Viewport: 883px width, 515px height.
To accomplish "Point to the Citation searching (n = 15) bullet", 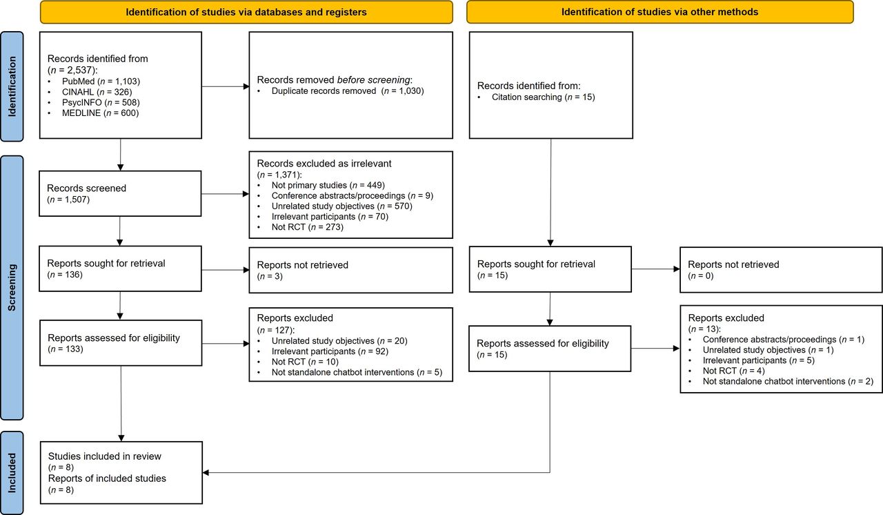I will coord(542,97).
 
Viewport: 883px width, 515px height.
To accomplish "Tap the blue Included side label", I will coord(12,472).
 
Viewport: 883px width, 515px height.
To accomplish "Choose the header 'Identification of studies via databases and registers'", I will coord(246,12).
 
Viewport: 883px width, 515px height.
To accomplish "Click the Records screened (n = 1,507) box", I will coord(121,193).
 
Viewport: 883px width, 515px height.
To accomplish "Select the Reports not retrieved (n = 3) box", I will coord(351,270).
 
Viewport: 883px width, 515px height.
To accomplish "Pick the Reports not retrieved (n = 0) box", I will coord(781,270).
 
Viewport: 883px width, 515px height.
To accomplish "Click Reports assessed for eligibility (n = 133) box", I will coord(121,343).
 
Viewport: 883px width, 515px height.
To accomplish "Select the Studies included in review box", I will coord(121,473).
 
